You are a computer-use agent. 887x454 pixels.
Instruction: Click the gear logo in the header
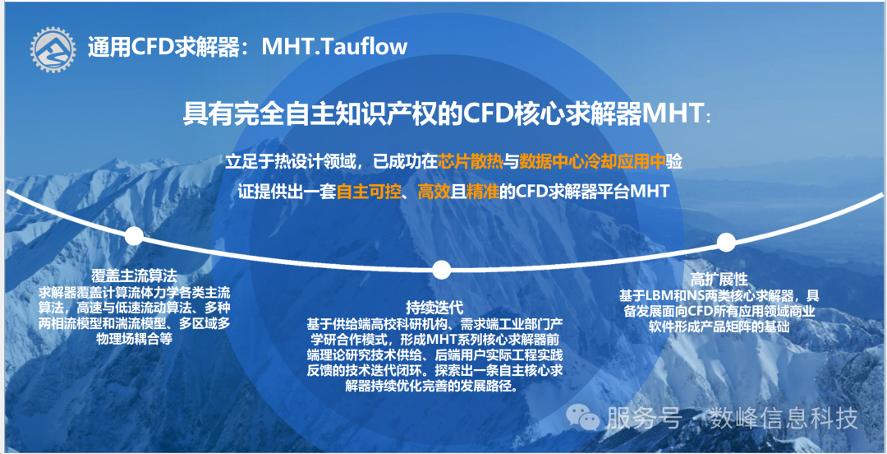[53, 49]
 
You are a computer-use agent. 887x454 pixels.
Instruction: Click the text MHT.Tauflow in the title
[334, 47]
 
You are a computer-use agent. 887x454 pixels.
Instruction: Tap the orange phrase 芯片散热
[471, 161]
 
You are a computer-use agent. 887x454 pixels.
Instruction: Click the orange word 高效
[434, 192]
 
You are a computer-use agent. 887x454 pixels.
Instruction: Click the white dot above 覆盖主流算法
[134, 236]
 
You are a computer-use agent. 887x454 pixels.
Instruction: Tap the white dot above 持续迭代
[441, 270]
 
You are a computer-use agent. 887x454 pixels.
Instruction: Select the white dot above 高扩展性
[726, 242]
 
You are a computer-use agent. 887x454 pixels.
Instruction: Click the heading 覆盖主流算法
[134, 276]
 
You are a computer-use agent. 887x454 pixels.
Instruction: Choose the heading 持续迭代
[434, 308]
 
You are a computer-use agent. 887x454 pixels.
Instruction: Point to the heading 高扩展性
[719, 280]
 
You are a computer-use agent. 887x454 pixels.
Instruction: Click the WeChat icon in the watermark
[583, 419]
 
